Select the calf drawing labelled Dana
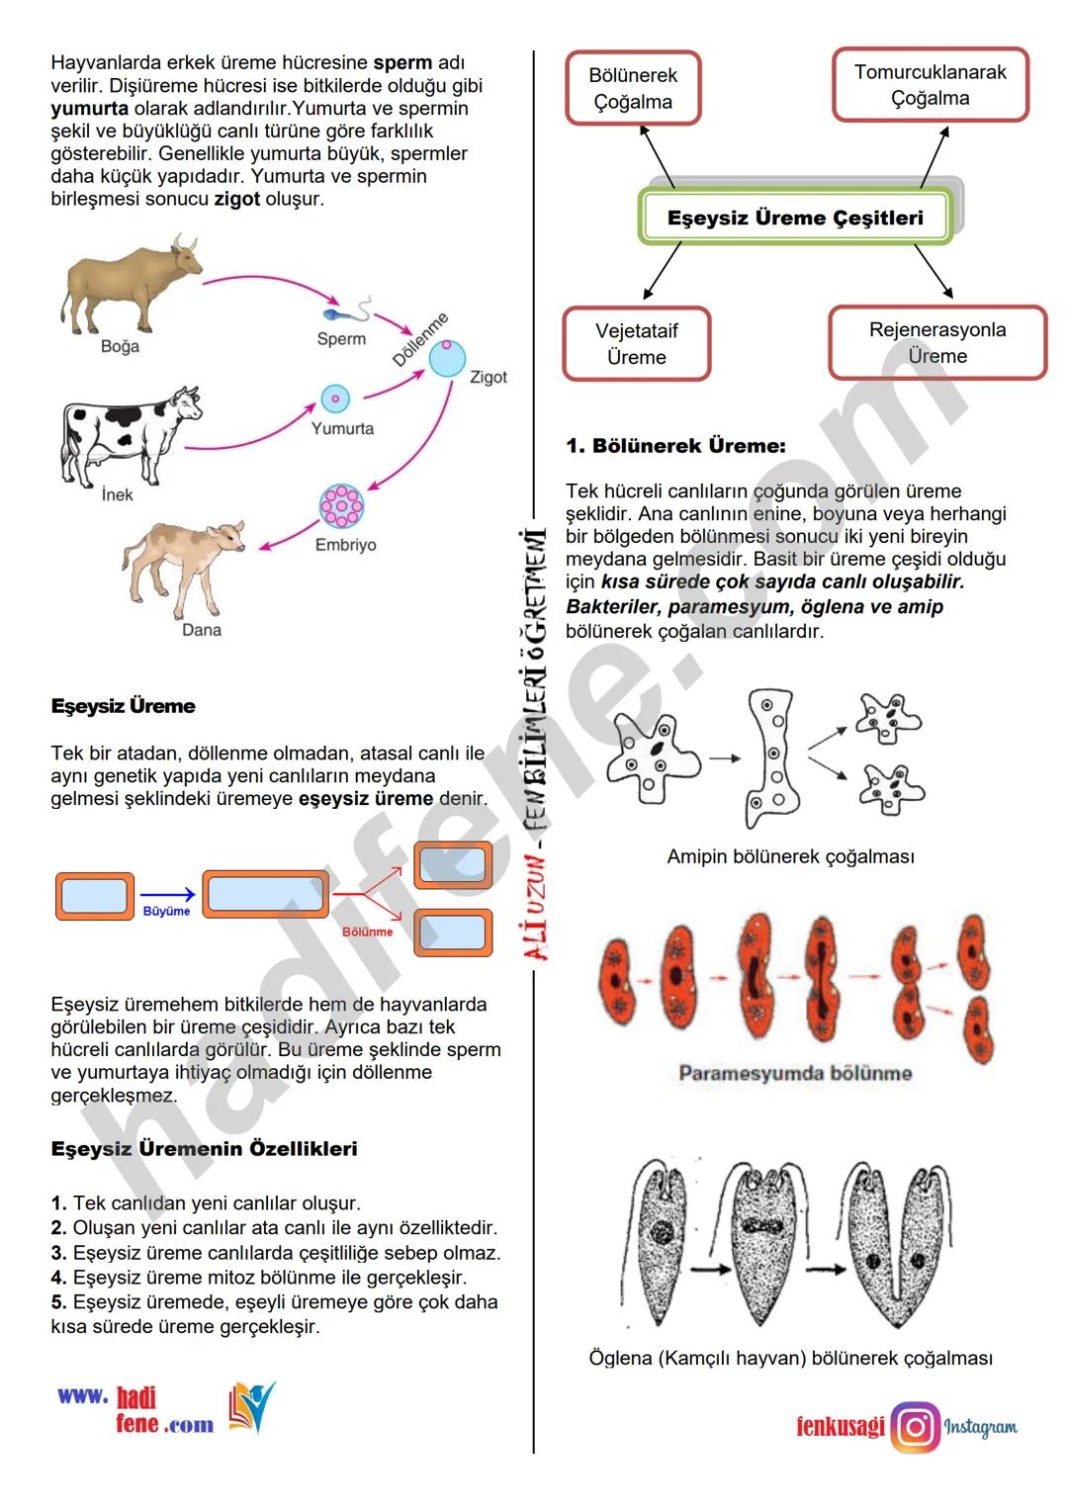pos(188,564)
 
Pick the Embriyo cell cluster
pos(341,506)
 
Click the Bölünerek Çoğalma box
pos(633,89)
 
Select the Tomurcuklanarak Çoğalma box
pos(930,85)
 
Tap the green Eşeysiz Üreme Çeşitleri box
pos(795,219)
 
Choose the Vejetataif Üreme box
pos(637,344)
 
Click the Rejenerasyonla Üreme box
pos(936,343)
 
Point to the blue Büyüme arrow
pos(167,896)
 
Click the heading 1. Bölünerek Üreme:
pos(675,446)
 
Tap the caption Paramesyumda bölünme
pos(795,1073)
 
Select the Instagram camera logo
pos(916,1427)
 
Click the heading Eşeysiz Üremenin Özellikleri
pos(204,1149)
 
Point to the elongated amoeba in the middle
pos(773,757)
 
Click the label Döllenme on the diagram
pos(420,339)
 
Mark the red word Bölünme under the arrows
pos(367,932)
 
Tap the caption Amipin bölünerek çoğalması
pos(790,856)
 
